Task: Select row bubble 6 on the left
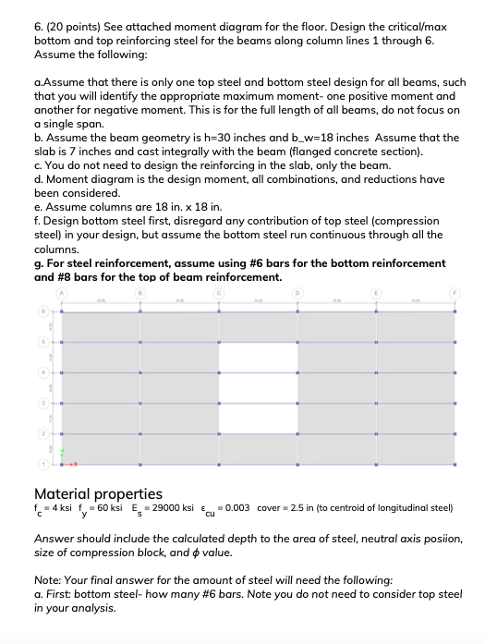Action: click(41, 313)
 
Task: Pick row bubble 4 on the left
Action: click(41, 372)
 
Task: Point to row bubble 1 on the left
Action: click(41, 461)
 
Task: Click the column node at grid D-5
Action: click(297, 343)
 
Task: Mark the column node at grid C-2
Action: click(219, 431)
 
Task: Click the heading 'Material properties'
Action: click(98, 493)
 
